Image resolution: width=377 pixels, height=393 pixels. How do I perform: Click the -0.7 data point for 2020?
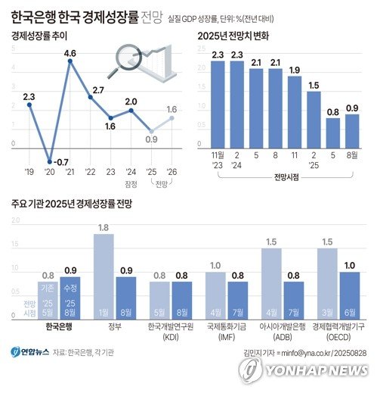[50, 161]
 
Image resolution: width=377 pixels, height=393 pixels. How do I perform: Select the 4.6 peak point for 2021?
[70, 62]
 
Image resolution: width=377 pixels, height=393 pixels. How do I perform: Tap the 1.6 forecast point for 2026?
[172, 117]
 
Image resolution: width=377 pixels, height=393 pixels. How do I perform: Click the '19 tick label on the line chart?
[29, 172]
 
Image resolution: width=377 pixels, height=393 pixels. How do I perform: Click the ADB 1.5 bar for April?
[271, 279]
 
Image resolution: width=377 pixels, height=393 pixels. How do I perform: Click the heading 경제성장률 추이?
[39, 35]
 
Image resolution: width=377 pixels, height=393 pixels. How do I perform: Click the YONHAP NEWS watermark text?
[316, 370]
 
